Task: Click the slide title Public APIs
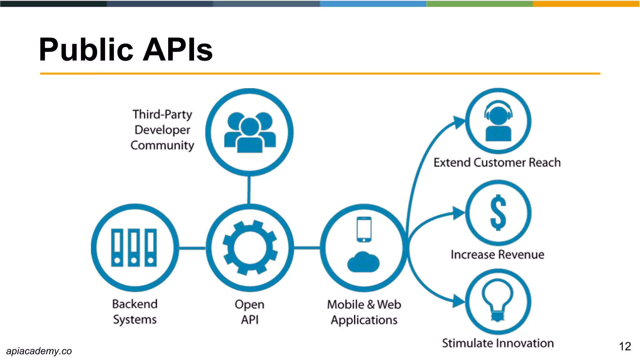pos(126,50)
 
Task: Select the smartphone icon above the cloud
pos(364,229)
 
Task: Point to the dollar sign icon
pos(498,212)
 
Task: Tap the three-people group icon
pos(250,132)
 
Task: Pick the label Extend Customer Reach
pos(497,162)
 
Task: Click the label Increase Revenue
pos(497,254)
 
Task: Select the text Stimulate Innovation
pos(498,343)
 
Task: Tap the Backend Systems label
pos(135,312)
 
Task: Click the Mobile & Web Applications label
pos(364,312)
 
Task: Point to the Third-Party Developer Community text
pos(162,130)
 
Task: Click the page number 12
pos(625,346)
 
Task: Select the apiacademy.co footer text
pos(39,351)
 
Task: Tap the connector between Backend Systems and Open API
pos(192,248)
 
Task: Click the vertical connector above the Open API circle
pos(249,190)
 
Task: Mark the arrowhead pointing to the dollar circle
pos(459,213)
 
